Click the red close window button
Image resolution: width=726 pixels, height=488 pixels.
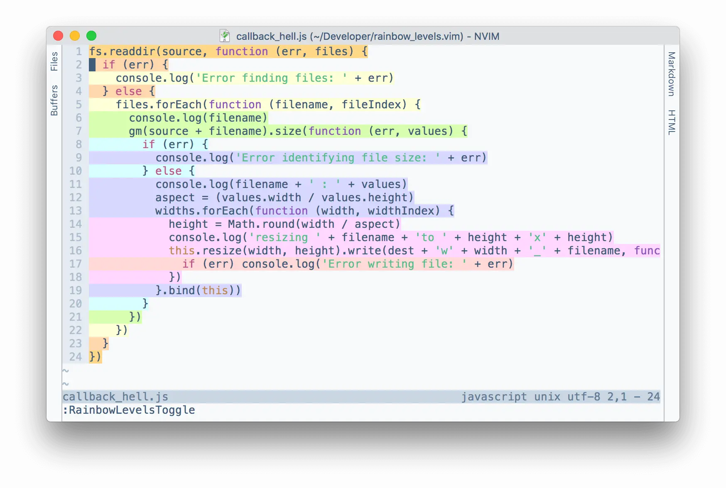click(x=58, y=36)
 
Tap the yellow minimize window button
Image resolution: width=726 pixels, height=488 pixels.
click(x=75, y=36)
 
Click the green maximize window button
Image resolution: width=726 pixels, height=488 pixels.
click(x=91, y=36)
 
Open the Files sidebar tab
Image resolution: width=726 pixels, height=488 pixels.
click(x=54, y=61)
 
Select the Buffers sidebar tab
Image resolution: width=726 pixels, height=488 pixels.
click(x=54, y=100)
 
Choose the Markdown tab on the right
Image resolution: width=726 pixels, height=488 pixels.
click(x=672, y=74)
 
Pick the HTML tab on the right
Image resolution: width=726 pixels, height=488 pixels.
click(x=672, y=122)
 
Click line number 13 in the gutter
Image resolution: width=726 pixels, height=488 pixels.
click(x=76, y=211)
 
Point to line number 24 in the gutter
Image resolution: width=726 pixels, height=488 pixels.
click(x=76, y=357)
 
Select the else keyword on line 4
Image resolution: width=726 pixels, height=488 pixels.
click(x=129, y=91)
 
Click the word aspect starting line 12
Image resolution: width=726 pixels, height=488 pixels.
click(x=175, y=198)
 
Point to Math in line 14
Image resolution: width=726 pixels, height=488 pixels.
click(x=241, y=224)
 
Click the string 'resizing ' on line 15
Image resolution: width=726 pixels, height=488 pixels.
click(x=285, y=237)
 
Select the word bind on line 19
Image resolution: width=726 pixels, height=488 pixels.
click(x=182, y=290)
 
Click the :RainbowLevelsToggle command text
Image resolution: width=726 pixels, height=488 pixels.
click(x=129, y=410)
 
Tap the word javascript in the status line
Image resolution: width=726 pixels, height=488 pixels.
click(x=494, y=397)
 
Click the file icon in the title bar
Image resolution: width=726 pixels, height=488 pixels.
click(x=225, y=36)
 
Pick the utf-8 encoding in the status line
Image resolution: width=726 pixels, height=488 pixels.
click(x=584, y=397)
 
